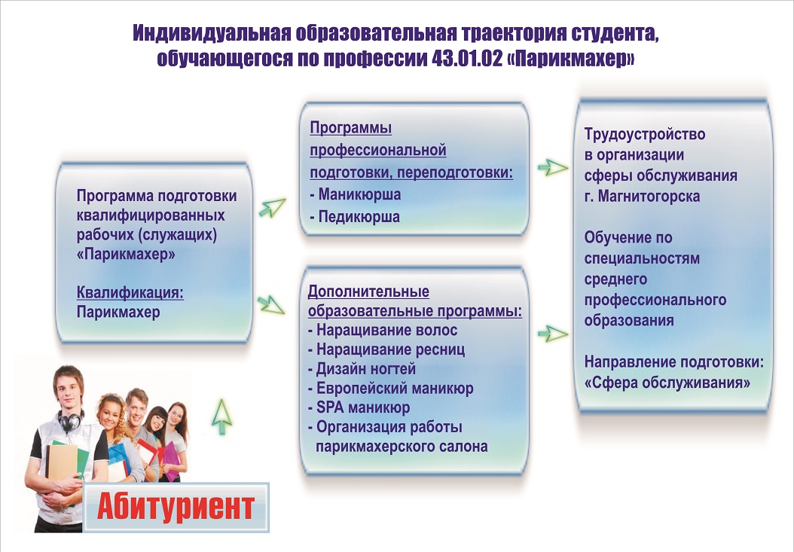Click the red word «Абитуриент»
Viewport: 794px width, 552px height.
coord(176,506)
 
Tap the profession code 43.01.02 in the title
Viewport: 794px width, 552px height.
coord(466,59)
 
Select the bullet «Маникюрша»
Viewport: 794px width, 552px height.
coord(356,194)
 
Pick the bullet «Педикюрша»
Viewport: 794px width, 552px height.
coord(355,217)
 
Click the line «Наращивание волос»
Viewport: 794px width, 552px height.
coord(383,330)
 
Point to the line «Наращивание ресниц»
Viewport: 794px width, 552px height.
coord(386,350)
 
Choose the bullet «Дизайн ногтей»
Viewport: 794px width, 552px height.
coord(362,369)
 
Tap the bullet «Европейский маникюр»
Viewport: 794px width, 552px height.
coord(391,389)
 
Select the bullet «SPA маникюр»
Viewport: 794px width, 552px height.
coord(359,407)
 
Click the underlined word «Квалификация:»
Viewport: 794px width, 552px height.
coord(130,293)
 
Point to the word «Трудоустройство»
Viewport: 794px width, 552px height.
coord(645,134)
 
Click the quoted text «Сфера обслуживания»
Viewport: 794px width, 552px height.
coord(667,383)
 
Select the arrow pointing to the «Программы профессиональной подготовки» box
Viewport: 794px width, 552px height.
coord(273,207)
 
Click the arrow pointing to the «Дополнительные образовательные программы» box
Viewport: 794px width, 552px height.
coord(271,305)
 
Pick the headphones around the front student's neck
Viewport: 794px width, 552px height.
coord(70,419)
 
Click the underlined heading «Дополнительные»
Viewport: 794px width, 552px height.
coord(368,291)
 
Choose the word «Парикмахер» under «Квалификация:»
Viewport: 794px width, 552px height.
coord(118,312)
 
